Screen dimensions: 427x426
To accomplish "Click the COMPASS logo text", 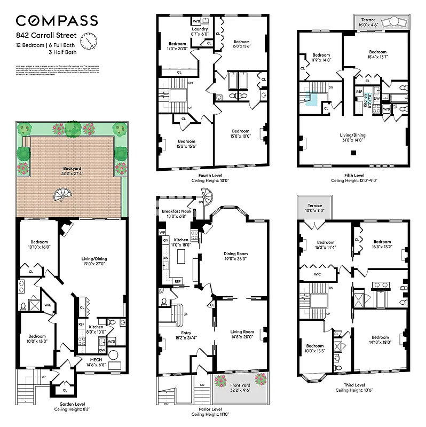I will [57, 21].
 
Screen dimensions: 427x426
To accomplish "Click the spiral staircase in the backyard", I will [60, 195].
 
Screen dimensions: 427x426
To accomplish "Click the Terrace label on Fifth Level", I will [368, 20].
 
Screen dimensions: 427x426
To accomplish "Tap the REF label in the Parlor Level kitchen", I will [177, 281].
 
